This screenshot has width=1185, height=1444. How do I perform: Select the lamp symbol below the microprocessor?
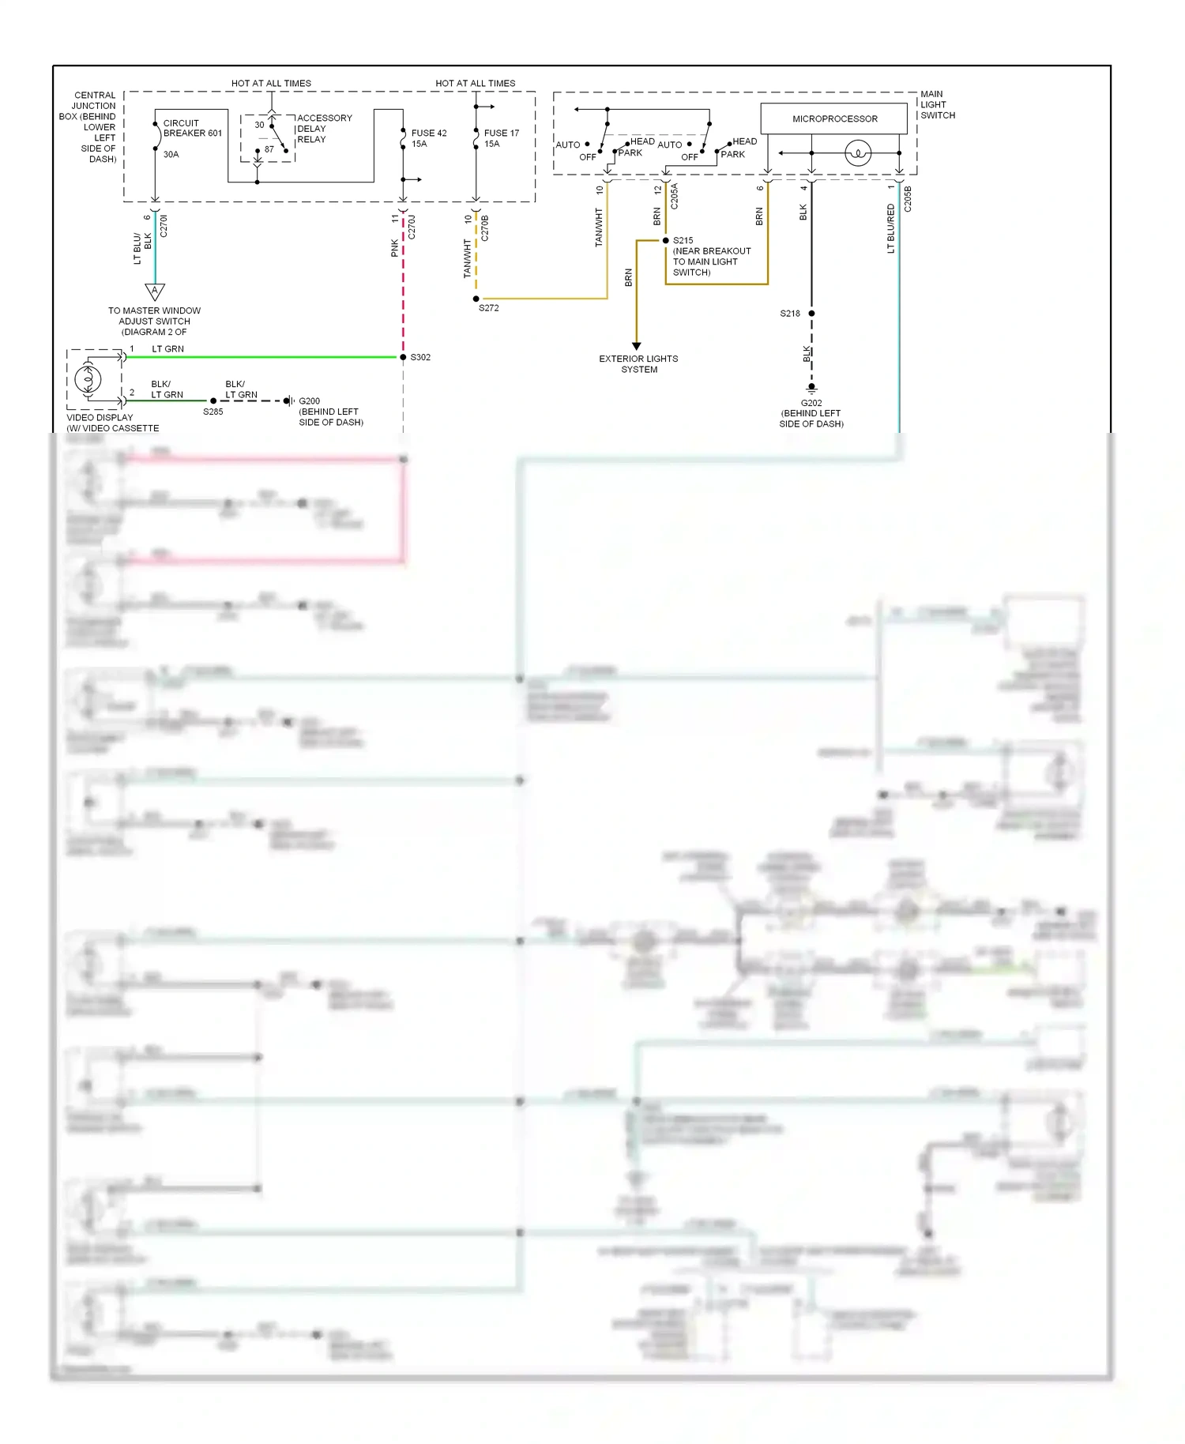(857, 153)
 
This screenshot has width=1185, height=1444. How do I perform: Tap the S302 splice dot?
(403, 357)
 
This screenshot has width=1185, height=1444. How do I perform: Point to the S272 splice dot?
(476, 299)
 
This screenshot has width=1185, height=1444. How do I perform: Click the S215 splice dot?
(665, 240)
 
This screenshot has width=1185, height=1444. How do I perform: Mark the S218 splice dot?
(811, 314)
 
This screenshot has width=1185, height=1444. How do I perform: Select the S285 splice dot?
(213, 400)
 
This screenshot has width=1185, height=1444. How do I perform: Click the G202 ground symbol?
(811, 388)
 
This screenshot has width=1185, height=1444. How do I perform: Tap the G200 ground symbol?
(288, 400)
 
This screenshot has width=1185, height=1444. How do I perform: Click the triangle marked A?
(155, 291)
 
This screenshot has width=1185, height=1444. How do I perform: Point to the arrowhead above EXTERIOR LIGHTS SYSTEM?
(636, 346)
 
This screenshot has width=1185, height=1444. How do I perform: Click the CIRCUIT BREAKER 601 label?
(192, 128)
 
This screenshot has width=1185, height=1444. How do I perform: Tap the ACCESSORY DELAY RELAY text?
(324, 129)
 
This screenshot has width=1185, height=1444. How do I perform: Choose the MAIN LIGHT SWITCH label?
(937, 104)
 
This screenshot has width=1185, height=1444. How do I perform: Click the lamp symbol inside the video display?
(88, 379)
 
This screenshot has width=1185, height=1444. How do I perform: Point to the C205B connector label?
(908, 199)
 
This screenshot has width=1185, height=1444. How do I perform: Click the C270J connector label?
(412, 227)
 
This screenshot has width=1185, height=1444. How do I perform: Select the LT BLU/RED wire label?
(890, 228)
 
